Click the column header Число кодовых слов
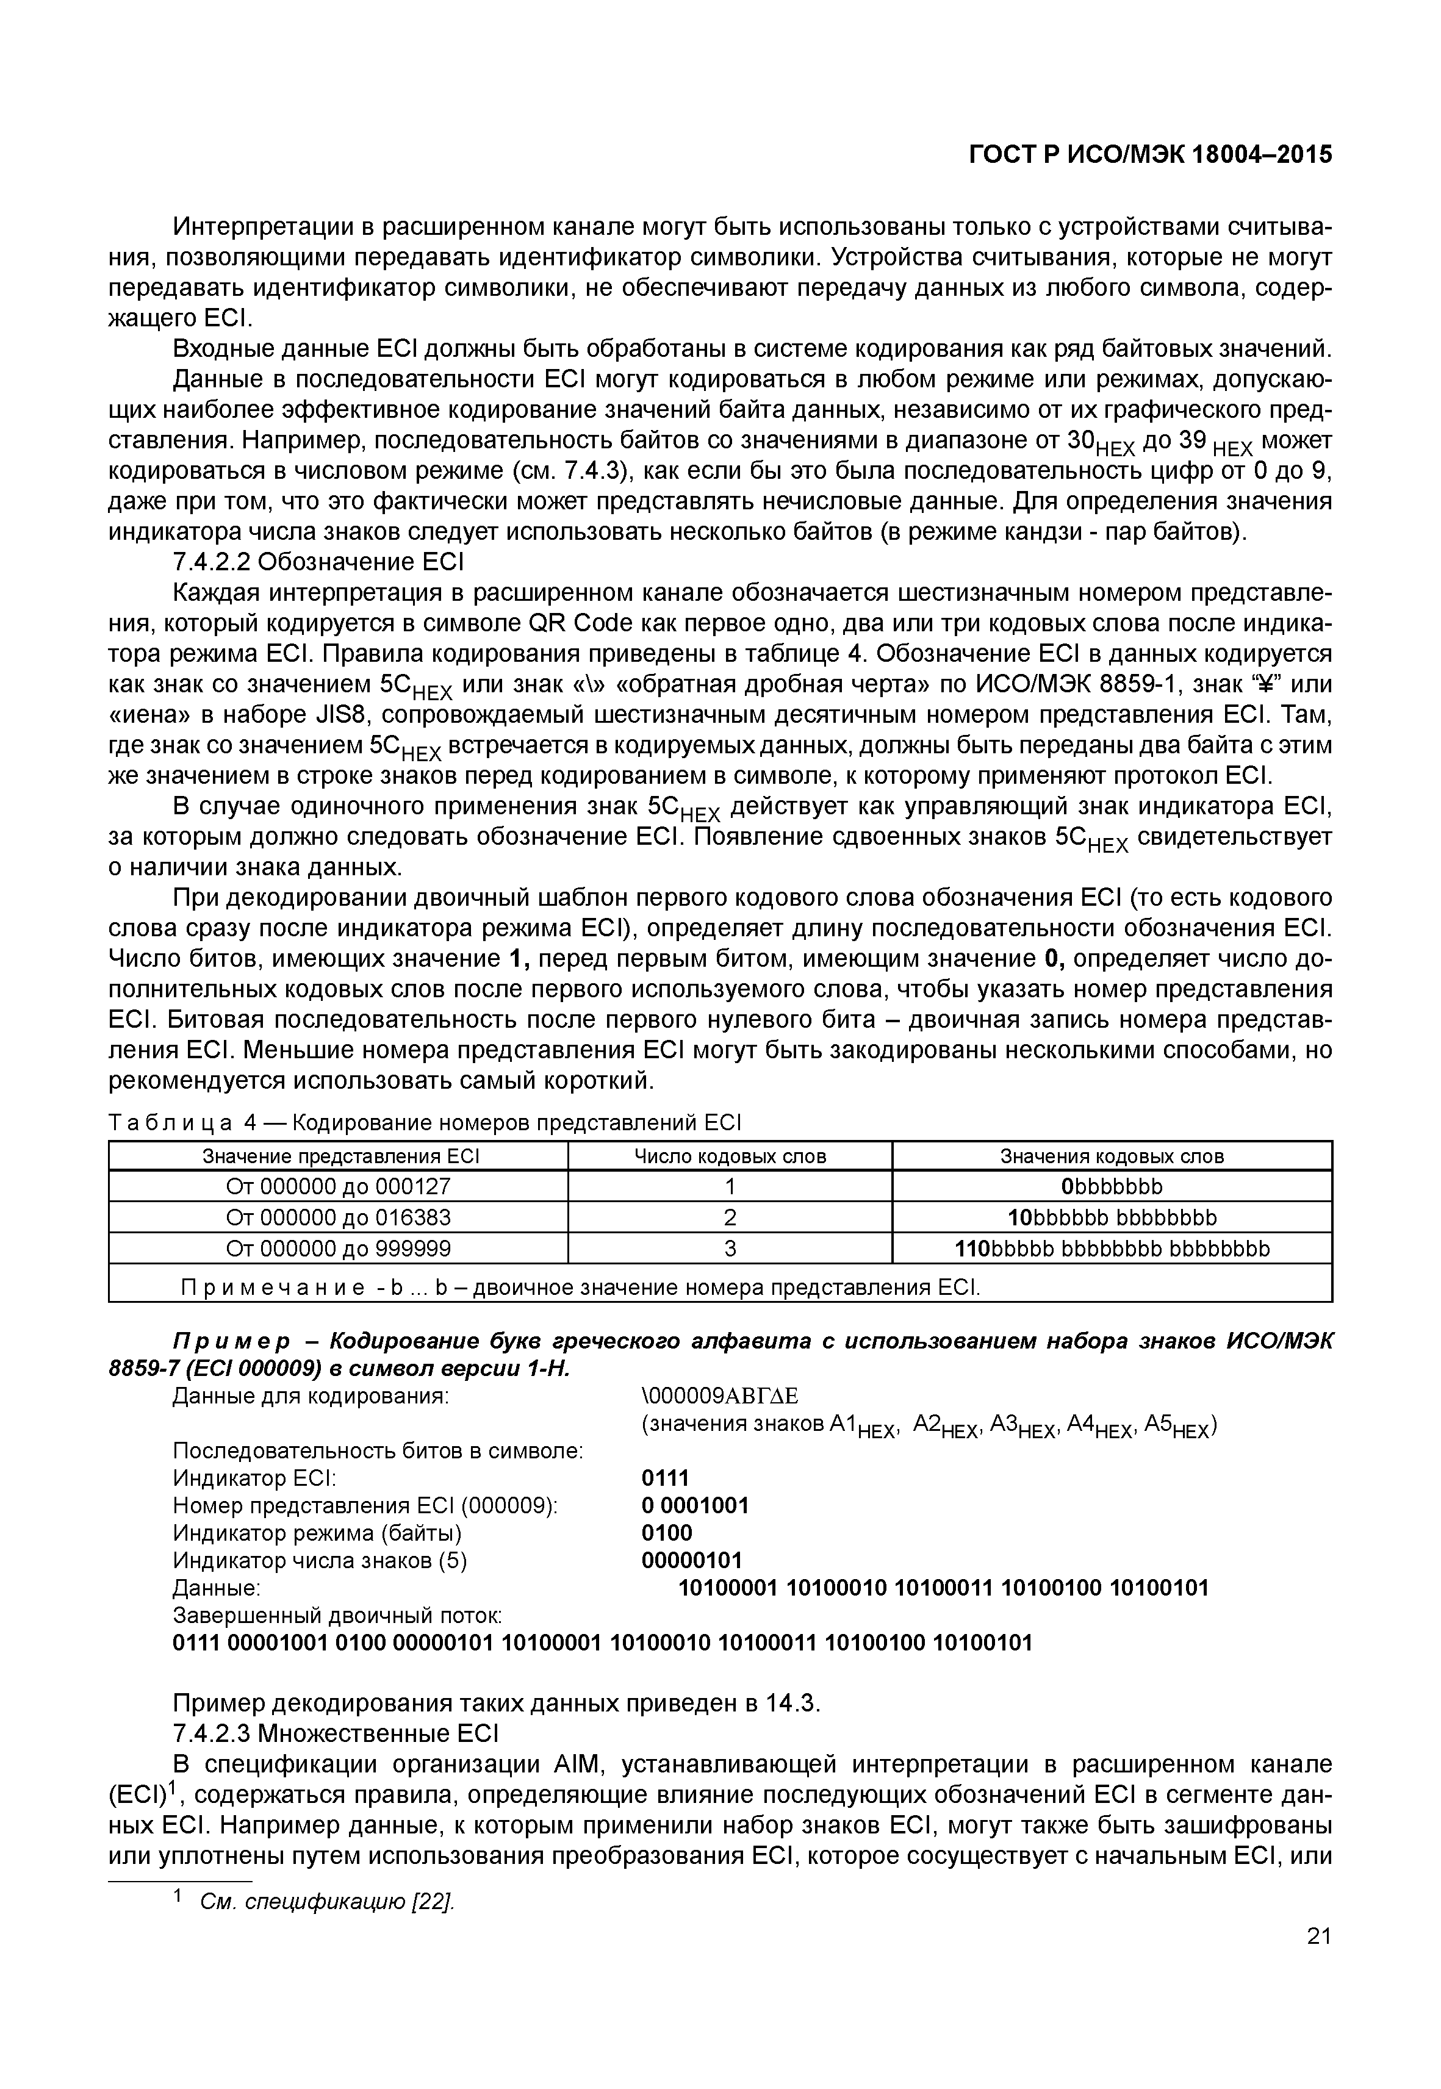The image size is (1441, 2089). tap(730, 1156)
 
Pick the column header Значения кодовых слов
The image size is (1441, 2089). tap(1112, 1156)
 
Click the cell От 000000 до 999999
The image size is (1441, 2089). tap(338, 1249)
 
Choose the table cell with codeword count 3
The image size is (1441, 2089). tap(730, 1249)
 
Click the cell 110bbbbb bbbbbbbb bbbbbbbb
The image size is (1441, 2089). tap(1112, 1249)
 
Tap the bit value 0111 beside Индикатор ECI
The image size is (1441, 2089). tap(664, 1478)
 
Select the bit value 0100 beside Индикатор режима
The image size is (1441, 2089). tap(666, 1533)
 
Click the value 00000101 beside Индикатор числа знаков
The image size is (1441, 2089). tap(691, 1560)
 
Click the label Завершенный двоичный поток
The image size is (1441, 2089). tap(337, 1615)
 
